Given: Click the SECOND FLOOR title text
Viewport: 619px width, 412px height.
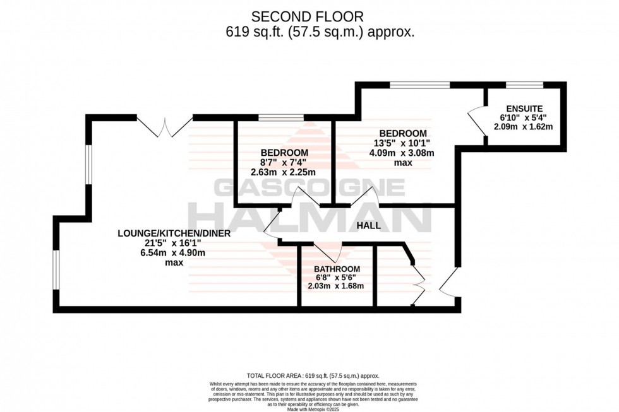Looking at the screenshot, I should (308, 16).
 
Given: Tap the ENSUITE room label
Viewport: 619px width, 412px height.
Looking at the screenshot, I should (523, 107).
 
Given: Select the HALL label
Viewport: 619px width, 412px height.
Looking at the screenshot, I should (369, 225).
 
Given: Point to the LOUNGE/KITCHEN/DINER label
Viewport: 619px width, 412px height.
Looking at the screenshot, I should (174, 233).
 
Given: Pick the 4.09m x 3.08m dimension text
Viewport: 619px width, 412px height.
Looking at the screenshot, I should (404, 153).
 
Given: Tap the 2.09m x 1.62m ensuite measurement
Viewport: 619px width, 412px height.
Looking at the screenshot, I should (523, 126).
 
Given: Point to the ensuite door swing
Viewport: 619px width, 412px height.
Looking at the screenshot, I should (476, 118).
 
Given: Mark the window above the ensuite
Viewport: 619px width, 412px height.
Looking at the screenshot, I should (525, 84).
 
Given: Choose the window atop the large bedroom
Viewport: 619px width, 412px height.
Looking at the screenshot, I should (419, 84).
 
